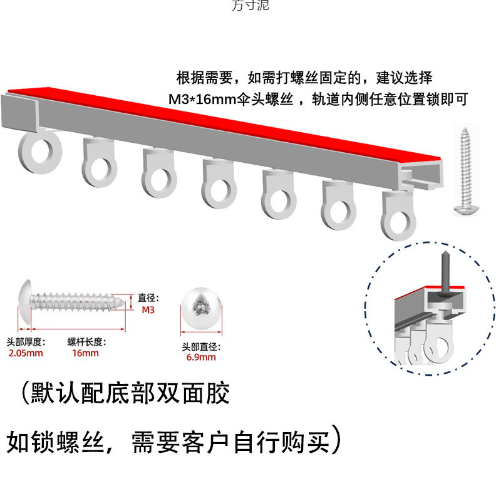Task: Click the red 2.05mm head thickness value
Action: point(25,354)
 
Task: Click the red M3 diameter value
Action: point(148,309)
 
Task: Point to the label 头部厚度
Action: point(26,343)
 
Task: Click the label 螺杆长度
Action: point(87,343)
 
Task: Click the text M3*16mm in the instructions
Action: point(201,100)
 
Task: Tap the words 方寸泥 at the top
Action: point(250,6)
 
